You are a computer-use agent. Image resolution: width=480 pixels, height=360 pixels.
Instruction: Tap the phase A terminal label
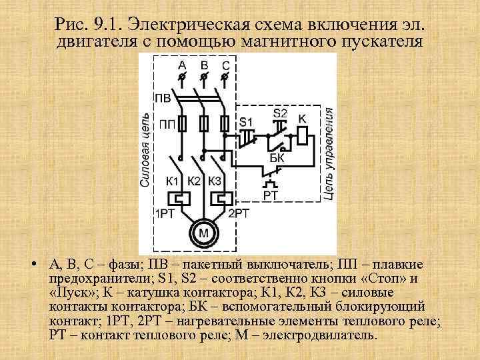(182, 65)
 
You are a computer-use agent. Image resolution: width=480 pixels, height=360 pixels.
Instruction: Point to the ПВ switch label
(163, 99)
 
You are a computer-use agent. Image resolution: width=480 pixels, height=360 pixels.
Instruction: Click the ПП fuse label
(167, 124)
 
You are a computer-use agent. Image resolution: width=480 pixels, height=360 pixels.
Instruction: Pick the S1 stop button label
(247, 122)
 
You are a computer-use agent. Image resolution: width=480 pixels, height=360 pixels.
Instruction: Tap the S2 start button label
(280, 113)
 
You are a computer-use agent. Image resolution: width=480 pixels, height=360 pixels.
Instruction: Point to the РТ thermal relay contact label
(270, 195)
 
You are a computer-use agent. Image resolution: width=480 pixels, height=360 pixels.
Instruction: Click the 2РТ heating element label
(239, 213)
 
